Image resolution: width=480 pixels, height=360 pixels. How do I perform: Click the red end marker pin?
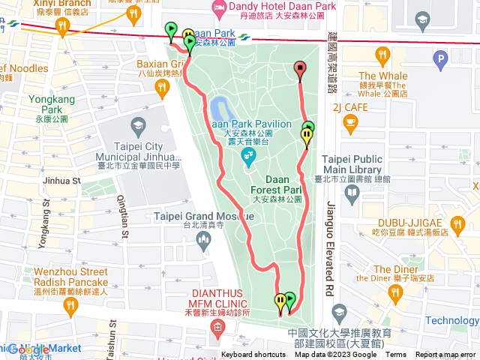click(x=301, y=70)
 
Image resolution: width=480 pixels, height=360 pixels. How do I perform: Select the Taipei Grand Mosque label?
click(x=203, y=217)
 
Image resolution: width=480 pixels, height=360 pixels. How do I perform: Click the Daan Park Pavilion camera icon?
click(x=247, y=157)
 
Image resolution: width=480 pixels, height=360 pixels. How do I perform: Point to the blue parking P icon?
click(x=440, y=58)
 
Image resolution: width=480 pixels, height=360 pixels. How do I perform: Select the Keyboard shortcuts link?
click(x=253, y=355)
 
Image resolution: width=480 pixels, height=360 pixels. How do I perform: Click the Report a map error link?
click(x=445, y=355)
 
